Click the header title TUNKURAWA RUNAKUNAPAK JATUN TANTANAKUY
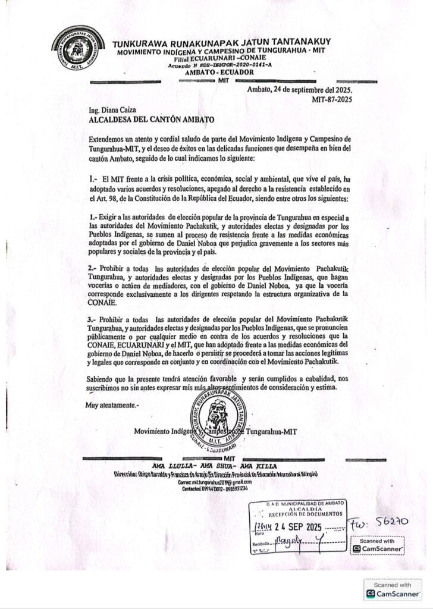pyautogui.click(x=222, y=42)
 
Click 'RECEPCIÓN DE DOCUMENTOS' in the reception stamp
pyautogui.click(x=297, y=513)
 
